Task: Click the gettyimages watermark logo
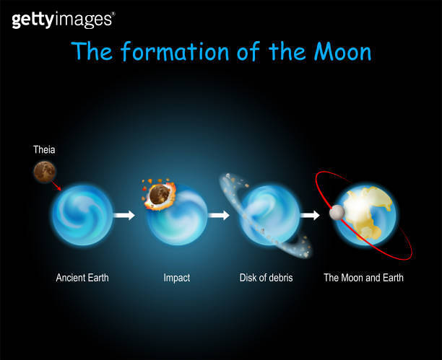[62, 19]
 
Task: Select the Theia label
[44, 150]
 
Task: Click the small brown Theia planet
[44, 171]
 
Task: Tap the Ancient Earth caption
[82, 277]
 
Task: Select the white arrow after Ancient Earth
[125, 215]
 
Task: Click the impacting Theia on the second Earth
[158, 195]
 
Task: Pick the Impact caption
[177, 277]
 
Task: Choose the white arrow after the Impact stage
[218, 215]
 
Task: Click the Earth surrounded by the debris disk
[268, 214]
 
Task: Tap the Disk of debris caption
[266, 277]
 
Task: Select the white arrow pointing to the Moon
[310, 215]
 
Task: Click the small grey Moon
[336, 213]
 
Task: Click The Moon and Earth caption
[363, 277]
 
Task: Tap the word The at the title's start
[92, 52]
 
